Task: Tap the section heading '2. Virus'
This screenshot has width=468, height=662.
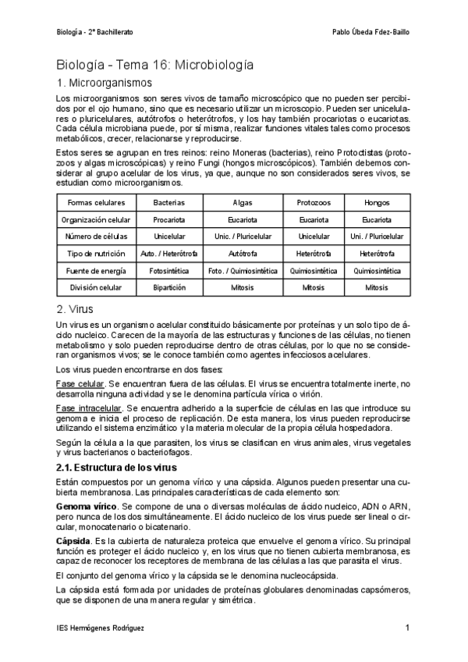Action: [x=76, y=309]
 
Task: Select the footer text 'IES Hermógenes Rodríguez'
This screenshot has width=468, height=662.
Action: [x=101, y=628]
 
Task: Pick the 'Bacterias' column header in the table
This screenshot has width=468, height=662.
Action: [x=169, y=202]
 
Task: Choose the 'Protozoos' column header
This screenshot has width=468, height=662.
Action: [x=313, y=202]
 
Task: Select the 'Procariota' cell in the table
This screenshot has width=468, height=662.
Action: [x=169, y=219]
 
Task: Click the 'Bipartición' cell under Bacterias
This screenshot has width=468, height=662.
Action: [x=169, y=287]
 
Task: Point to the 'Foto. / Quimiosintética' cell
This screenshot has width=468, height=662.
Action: [x=242, y=270]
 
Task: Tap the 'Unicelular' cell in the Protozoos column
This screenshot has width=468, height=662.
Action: [x=313, y=236]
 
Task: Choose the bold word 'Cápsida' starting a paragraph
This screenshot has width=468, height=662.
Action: [x=73, y=540]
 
